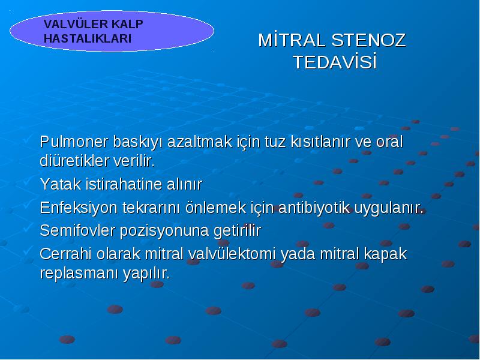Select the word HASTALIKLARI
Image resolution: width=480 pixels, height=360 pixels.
[x=88, y=38]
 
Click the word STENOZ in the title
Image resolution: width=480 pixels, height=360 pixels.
[x=368, y=40]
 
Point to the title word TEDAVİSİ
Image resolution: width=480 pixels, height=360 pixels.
[x=335, y=62]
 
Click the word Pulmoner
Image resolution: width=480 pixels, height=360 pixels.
[x=74, y=142]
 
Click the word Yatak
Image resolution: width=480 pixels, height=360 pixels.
[x=61, y=184]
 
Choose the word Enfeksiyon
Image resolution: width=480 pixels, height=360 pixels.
[x=79, y=208]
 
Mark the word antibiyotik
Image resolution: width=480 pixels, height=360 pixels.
[x=314, y=208]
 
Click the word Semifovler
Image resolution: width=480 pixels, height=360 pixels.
[x=77, y=230]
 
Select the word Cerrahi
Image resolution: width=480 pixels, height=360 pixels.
[x=66, y=254]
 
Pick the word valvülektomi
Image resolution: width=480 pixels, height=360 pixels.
[x=232, y=254]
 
